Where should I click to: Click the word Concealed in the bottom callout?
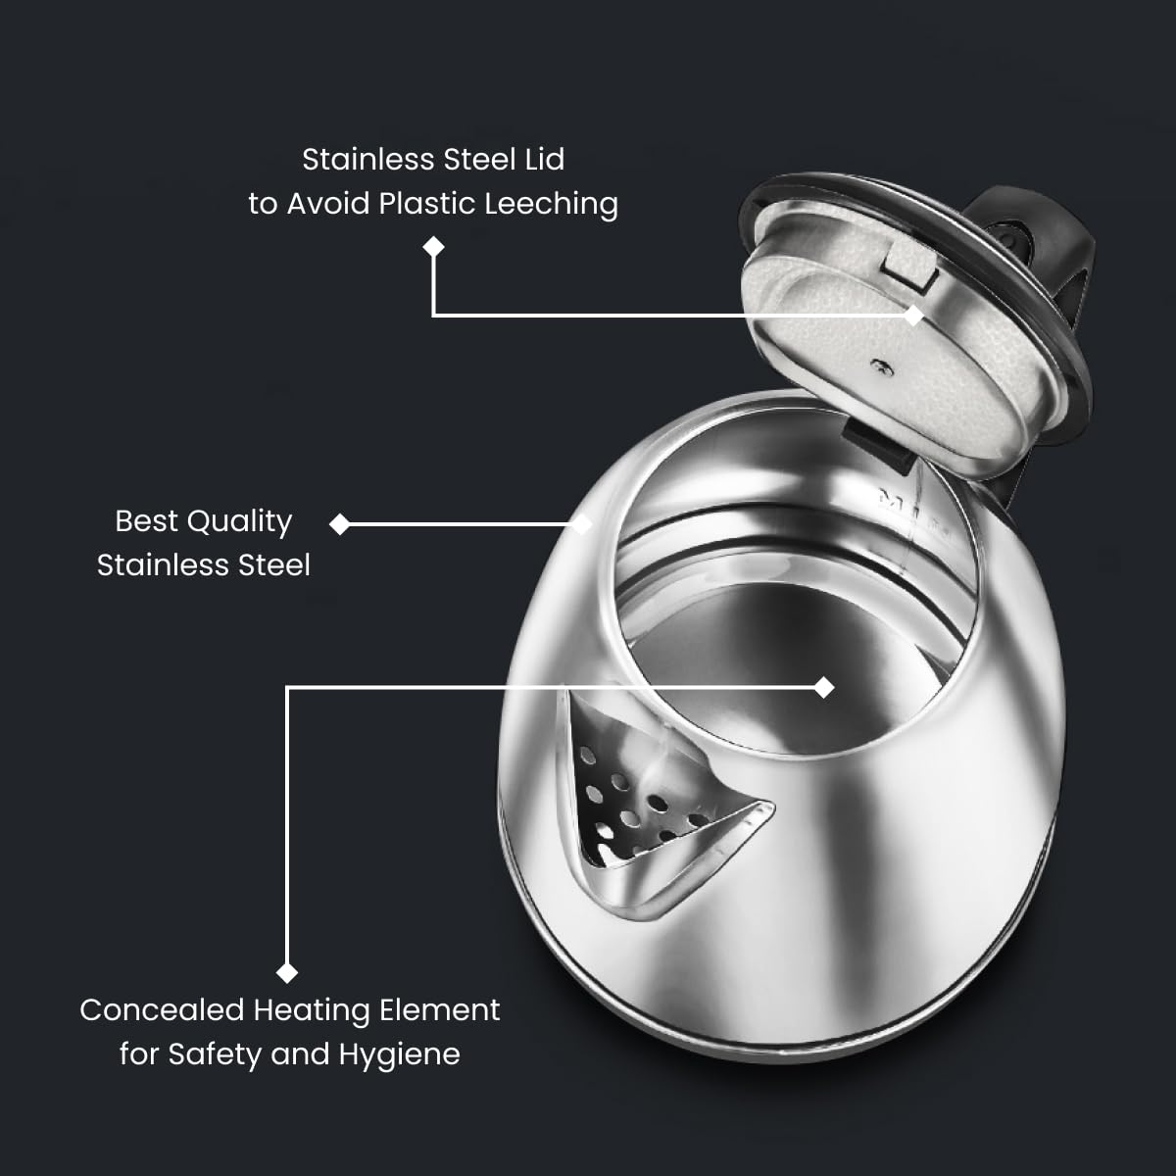pyautogui.click(x=162, y=1010)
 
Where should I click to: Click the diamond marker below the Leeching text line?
pyautogui.click(x=433, y=247)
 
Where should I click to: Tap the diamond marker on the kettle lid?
pyautogui.click(x=913, y=316)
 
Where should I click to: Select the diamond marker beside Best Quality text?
pyautogui.click(x=340, y=524)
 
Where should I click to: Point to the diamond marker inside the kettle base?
pyautogui.click(x=824, y=688)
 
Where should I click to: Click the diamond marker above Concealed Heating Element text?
pyautogui.click(x=287, y=972)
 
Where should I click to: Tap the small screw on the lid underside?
pyautogui.click(x=880, y=367)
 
